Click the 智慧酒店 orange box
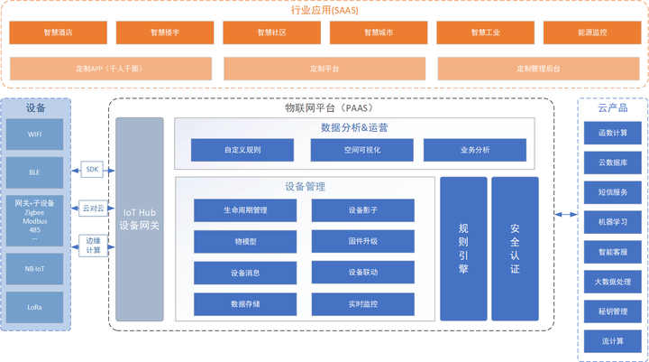click(58, 32)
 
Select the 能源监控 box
click(592, 32)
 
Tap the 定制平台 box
click(324, 69)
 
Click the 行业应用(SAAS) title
click(324, 10)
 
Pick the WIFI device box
click(35, 135)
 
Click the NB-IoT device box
click(35, 268)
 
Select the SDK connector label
click(93, 169)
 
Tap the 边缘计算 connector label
click(93, 246)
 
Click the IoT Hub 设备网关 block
click(140, 218)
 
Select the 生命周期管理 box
click(245, 210)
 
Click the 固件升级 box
click(362, 242)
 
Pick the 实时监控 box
click(362, 304)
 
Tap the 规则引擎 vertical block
click(463, 248)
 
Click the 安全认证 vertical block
click(515, 248)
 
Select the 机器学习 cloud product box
click(613, 221)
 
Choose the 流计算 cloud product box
click(613, 341)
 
